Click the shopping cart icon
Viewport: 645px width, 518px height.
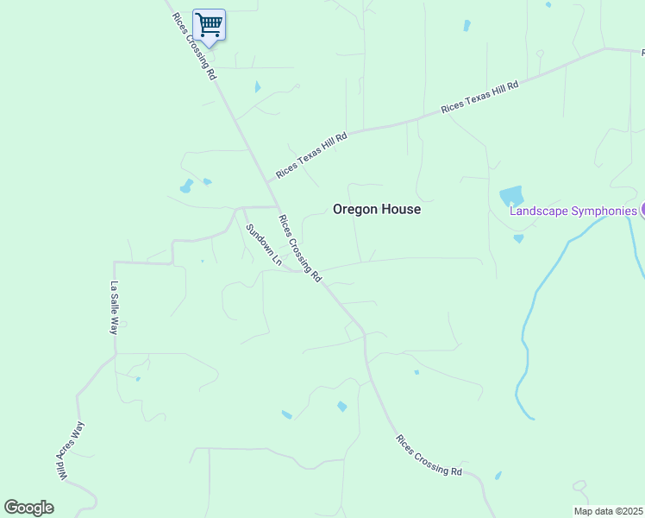pyautogui.click(x=209, y=24)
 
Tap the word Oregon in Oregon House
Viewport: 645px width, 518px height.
pyautogui.click(x=354, y=209)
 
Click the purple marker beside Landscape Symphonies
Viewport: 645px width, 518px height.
pyautogui.click(x=642, y=210)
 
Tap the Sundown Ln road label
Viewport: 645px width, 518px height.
pyautogui.click(x=264, y=244)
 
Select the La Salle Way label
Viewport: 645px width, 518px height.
pyautogui.click(x=113, y=308)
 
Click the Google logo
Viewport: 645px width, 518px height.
pyautogui.click(x=28, y=508)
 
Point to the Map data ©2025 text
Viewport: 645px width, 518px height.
pyautogui.click(x=608, y=511)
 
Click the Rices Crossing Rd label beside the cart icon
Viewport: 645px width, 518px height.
pyautogui.click(x=193, y=46)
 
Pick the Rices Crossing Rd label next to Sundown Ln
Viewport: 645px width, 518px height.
pyautogui.click(x=299, y=249)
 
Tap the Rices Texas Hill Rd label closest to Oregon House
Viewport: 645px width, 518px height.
pyautogui.click(x=311, y=155)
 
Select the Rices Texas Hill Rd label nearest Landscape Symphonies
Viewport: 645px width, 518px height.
pyautogui.click(x=479, y=97)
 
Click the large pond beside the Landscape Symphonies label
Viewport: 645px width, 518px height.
pyautogui.click(x=511, y=197)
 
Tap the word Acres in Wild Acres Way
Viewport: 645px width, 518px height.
pyautogui.click(x=67, y=450)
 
